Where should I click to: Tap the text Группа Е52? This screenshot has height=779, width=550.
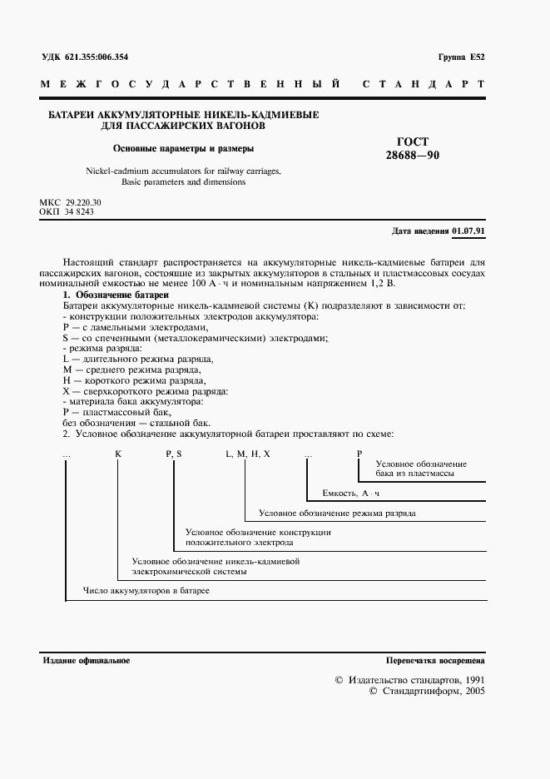click(460, 57)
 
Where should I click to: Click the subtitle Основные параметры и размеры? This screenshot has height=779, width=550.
click(184, 149)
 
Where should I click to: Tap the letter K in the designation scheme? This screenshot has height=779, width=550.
click(117, 452)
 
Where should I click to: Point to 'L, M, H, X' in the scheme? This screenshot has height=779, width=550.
click(247, 452)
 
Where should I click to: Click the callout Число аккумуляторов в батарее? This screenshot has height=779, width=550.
click(146, 590)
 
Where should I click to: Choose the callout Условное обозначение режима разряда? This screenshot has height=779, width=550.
click(337, 514)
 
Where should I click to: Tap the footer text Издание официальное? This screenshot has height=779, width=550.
click(86, 660)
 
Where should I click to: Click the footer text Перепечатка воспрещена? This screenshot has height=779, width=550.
click(435, 660)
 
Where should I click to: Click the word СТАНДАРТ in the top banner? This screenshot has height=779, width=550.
click(424, 85)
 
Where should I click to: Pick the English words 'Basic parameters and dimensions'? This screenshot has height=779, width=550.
click(183, 181)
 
